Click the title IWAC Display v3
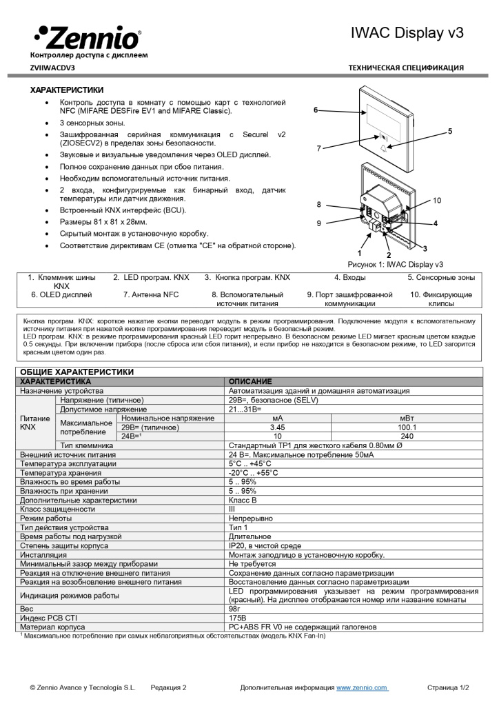(407, 32)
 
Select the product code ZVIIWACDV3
(52, 68)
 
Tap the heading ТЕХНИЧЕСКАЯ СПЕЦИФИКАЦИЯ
(406, 68)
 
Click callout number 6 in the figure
(316, 110)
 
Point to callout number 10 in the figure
(436, 201)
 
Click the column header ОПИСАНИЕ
(250, 381)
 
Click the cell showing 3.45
(278, 427)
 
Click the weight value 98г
(235, 609)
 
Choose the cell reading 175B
(237, 618)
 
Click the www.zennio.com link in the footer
(361, 687)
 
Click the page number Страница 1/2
(448, 687)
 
